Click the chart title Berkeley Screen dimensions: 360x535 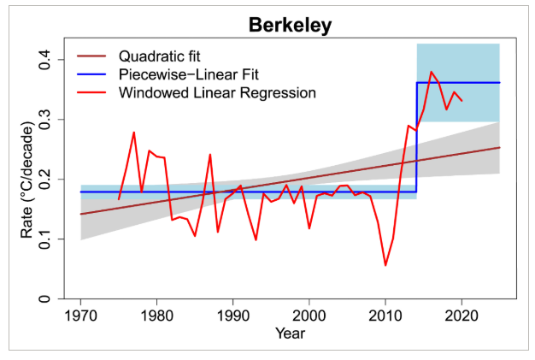pyautogui.click(x=290, y=25)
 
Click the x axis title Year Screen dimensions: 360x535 pyautogui.click(x=290, y=333)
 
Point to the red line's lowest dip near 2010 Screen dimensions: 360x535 pyautogui.click(x=385, y=265)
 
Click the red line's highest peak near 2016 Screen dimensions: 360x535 pyautogui.click(x=432, y=72)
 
